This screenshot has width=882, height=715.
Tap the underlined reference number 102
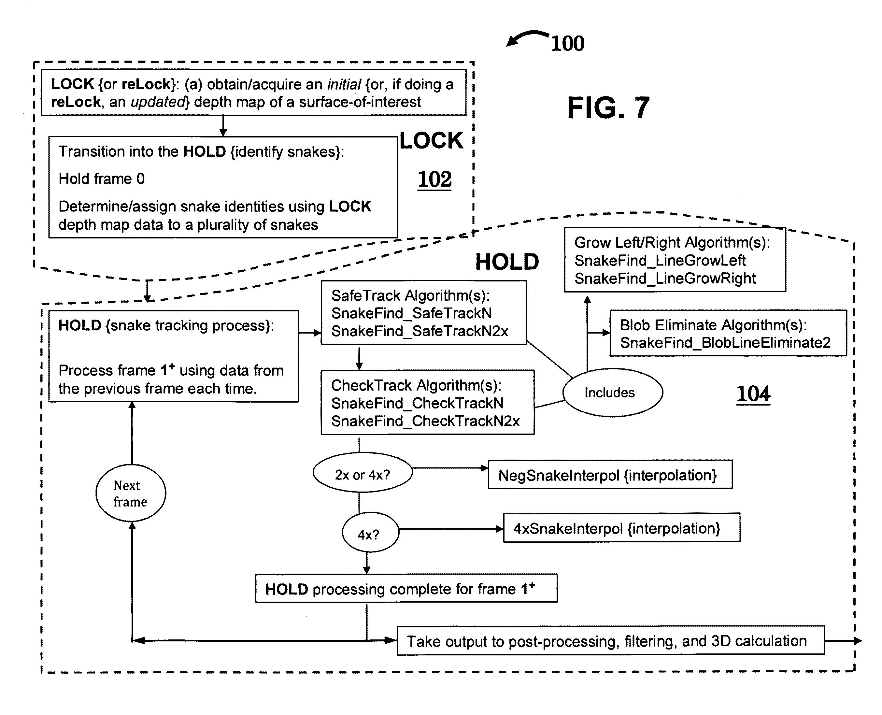pyautogui.click(x=434, y=179)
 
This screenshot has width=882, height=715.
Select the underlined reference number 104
pyautogui.click(x=753, y=394)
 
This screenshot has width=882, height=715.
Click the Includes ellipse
pyautogui.click(x=613, y=393)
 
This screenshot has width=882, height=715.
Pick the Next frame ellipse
pyautogui.click(x=131, y=493)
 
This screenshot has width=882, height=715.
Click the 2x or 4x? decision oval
pyautogui.click(x=363, y=473)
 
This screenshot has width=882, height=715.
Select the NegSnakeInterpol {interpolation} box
pyautogui.click(x=610, y=475)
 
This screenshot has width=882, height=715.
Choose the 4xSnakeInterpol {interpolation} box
pyautogui.click(x=622, y=528)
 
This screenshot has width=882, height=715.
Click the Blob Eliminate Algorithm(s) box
pyautogui.click(x=728, y=333)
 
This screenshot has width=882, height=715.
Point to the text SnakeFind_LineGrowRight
pyautogui.click(x=665, y=279)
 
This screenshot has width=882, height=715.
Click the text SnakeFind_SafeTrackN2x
pyautogui.click(x=420, y=331)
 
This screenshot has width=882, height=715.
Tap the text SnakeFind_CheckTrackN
pyautogui.click(x=417, y=403)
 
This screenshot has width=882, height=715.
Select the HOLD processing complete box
pyautogui.click(x=406, y=589)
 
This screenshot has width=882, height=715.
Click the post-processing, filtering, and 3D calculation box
pyautogui.click(x=611, y=640)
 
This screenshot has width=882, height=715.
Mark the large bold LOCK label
pyautogui.click(x=431, y=141)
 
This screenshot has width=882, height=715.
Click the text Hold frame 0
pyautogui.click(x=102, y=179)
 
